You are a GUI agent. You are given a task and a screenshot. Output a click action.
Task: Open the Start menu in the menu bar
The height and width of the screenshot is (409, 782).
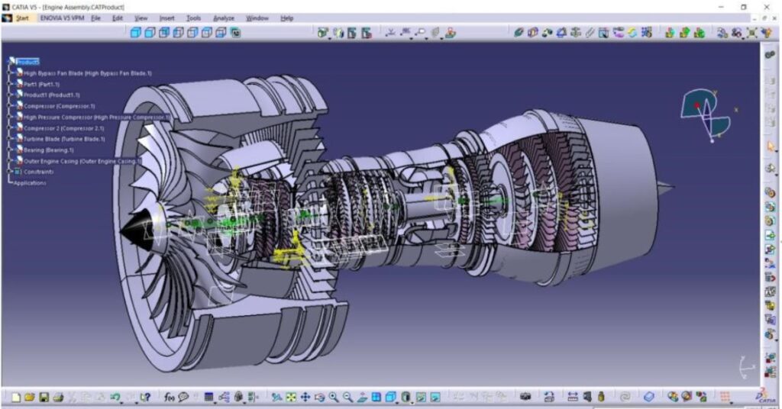coord(22,18)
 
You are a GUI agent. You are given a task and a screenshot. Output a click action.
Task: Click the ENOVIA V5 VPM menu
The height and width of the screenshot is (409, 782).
coord(62,18)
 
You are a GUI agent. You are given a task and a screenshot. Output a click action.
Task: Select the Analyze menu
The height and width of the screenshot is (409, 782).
coord(224,18)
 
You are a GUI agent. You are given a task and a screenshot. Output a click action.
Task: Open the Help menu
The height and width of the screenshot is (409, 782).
coord(287,18)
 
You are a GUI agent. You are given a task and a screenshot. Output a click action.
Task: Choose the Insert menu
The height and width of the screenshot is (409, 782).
coord(166,18)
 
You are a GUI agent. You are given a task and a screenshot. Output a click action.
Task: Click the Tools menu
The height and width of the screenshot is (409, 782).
coord(194,18)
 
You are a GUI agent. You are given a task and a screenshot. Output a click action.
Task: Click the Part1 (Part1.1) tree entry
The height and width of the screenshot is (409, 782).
coord(41,84)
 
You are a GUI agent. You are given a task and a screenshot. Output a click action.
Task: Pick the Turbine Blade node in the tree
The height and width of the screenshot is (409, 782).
coord(64,139)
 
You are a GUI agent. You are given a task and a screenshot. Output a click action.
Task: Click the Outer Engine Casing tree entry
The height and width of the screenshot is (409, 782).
coord(79,161)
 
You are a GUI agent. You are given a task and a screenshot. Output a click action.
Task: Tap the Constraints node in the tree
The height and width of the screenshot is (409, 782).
coord(38,172)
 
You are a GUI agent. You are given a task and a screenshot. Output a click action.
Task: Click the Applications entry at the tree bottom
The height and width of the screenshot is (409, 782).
coord(30,183)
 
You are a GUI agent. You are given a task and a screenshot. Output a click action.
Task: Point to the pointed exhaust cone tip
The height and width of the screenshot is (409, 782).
coord(671,185)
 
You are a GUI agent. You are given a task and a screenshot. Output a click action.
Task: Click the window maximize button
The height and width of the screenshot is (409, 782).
coord(743,6)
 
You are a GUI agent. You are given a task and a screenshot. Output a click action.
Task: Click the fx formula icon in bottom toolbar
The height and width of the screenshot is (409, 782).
coord(169,397)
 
